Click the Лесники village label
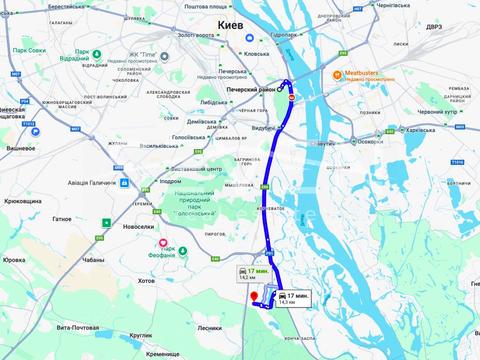pos(209,327)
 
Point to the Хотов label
pos(146,281)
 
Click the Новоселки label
pos(137,227)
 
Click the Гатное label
pos(61,218)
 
